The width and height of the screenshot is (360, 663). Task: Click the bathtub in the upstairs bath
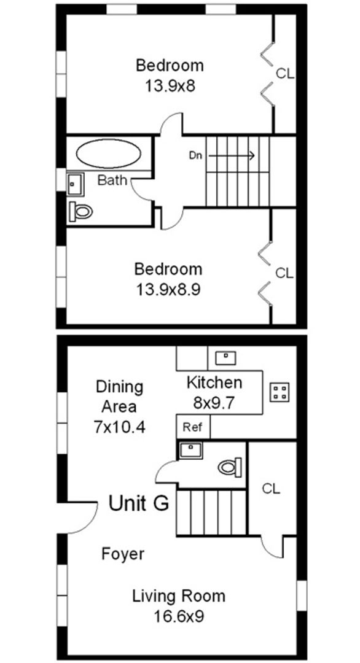[108, 153]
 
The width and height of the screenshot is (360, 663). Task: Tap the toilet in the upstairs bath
[81, 212]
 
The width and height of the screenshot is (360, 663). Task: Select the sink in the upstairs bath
[75, 182]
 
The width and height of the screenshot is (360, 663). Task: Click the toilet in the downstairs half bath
[230, 467]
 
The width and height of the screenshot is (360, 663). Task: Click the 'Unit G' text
[139, 503]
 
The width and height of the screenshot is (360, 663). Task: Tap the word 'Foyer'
[123, 554]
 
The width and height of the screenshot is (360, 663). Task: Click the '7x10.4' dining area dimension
[120, 427]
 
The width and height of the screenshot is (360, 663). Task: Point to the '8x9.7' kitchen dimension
[214, 403]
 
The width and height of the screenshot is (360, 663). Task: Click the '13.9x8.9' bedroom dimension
[168, 288]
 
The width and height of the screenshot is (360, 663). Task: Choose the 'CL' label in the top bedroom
[284, 74]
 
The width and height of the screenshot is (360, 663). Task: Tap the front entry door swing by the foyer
[84, 518]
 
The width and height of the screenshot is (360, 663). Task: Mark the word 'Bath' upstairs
[112, 180]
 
